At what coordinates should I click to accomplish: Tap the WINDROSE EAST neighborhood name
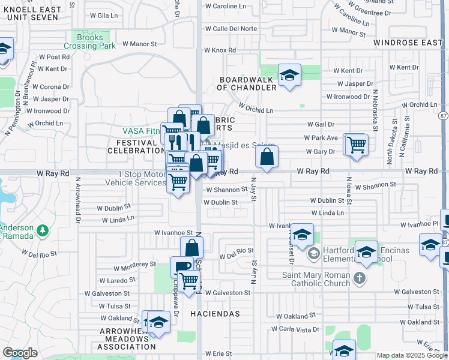click(x=408, y=43)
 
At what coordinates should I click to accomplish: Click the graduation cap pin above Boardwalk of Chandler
click(x=289, y=76)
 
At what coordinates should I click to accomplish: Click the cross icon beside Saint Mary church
click(x=359, y=277)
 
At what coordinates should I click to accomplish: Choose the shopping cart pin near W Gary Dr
click(x=357, y=144)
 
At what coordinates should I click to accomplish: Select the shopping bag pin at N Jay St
click(x=267, y=157)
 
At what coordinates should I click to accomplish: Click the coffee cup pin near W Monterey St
click(x=182, y=268)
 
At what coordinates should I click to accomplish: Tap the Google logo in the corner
click(x=20, y=353)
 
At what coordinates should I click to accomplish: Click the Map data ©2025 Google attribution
click(x=411, y=355)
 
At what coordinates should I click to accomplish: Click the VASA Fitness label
click(x=142, y=130)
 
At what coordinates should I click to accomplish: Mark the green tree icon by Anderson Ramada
click(x=42, y=230)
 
